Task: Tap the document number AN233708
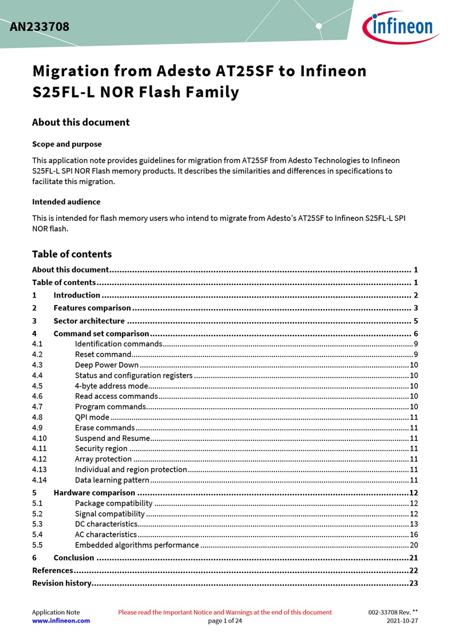click(39, 27)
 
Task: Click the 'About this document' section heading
click(81, 122)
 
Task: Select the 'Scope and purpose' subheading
click(67, 144)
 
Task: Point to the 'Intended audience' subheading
click(66, 202)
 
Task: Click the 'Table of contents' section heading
click(72, 254)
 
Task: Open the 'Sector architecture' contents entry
click(89, 321)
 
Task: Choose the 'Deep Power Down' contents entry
click(106, 365)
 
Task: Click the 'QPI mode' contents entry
click(92, 418)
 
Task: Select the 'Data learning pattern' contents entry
click(112, 480)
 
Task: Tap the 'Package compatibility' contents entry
click(113, 504)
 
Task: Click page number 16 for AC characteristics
click(414, 534)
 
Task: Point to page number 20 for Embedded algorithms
click(414, 545)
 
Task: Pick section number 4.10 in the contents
click(39, 438)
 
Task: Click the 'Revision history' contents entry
click(62, 583)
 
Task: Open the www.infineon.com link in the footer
click(61, 621)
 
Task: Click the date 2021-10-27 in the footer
click(402, 621)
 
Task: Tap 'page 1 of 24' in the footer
click(225, 621)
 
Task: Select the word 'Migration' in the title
click(71, 71)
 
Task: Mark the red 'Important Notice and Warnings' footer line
click(225, 613)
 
